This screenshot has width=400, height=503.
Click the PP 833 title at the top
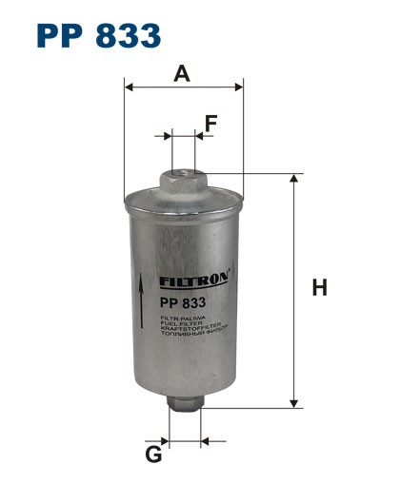(98, 35)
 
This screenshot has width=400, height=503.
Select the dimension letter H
(320, 288)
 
